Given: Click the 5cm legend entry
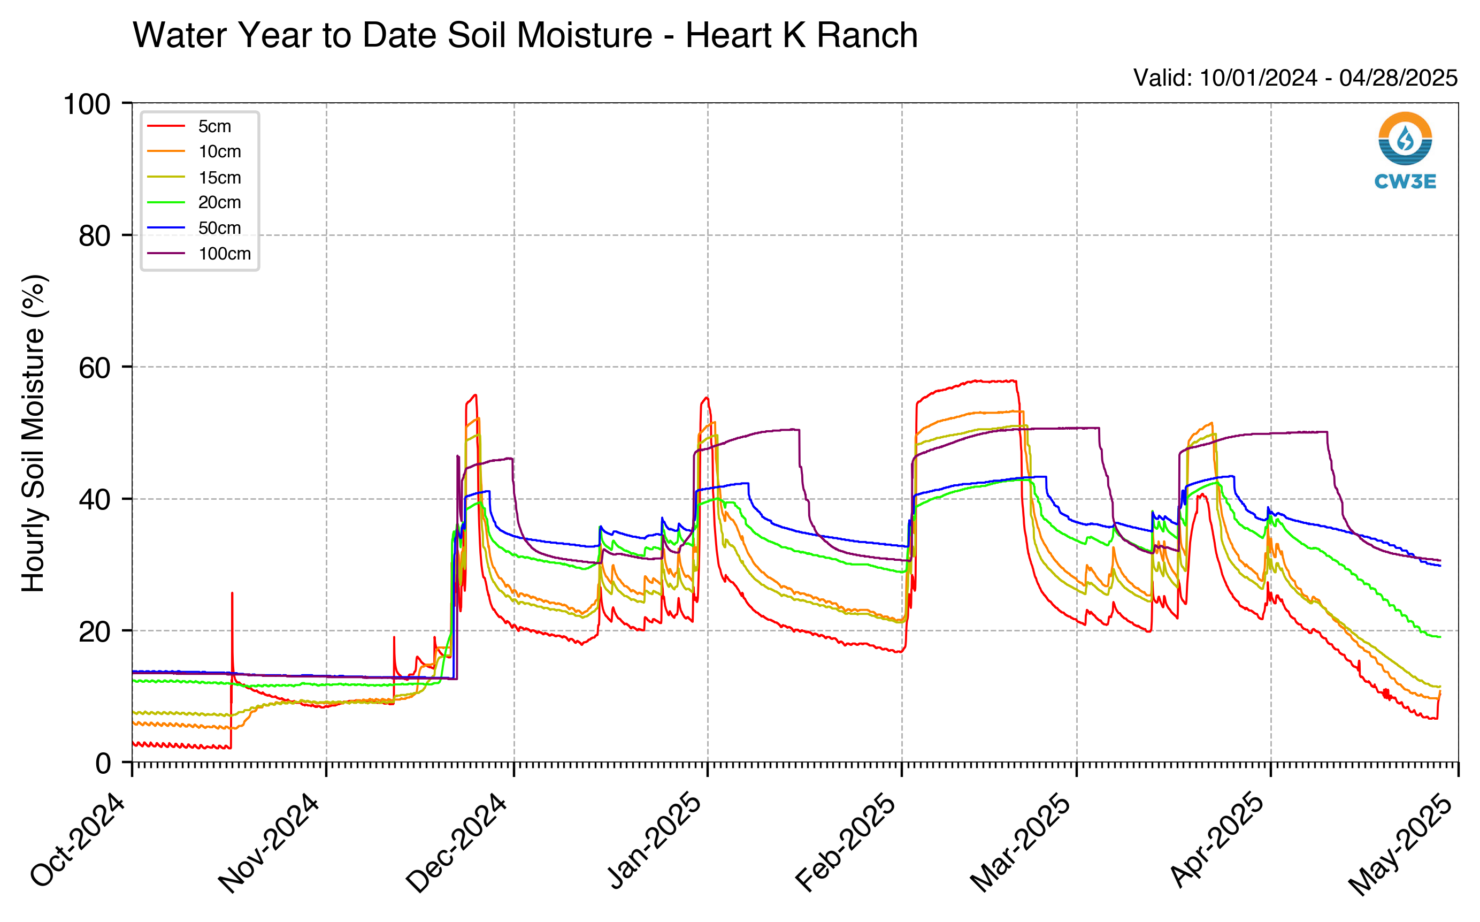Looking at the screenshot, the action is point(189,126).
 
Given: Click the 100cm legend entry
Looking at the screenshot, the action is point(200,254).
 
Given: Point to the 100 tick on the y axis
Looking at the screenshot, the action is point(87,104).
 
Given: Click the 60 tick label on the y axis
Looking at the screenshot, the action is point(95,368).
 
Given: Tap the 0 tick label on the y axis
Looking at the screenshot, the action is point(104,764).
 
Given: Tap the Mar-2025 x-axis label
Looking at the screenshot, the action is point(1021,842).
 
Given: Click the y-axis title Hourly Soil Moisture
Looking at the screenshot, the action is point(34,433).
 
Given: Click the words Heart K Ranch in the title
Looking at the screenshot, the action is point(802,35).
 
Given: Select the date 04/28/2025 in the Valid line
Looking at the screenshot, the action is point(1398,78).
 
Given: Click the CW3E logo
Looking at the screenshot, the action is point(1405,150).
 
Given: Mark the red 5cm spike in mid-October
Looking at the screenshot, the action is point(232,628).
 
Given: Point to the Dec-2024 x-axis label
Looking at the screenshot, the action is point(457,842).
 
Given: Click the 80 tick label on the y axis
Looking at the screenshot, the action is point(95,236).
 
